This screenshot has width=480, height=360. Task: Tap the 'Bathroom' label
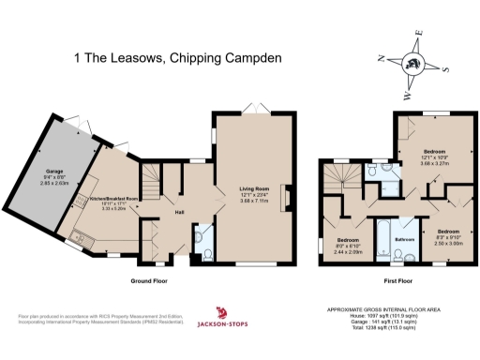pyautogui.click(x=403, y=239)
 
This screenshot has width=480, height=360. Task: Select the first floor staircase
pyautogui.click(x=336, y=177)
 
